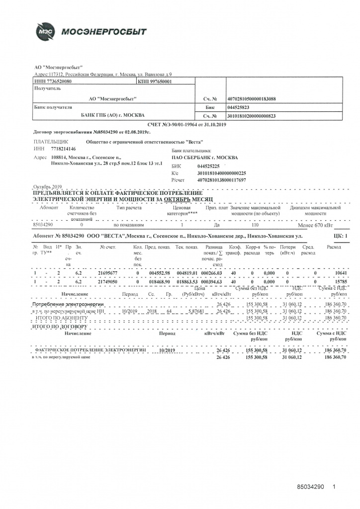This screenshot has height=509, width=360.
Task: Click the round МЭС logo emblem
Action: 43,32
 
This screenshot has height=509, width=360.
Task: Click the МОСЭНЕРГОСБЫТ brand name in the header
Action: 104,32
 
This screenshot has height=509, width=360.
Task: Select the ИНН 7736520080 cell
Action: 52,81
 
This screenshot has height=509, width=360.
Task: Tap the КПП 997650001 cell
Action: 154,81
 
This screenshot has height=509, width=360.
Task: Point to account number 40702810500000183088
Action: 251,98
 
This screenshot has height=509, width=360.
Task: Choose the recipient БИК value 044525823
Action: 238,107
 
